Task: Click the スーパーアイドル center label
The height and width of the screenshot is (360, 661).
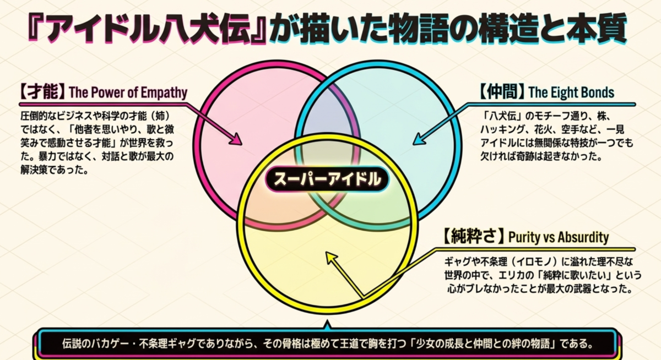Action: tap(327, 179)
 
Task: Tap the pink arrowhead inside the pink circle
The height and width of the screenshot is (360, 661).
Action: tap(236, 139)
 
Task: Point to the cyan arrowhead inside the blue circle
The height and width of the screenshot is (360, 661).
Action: tap(419, 139)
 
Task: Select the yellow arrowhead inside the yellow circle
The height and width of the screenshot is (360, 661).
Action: tap(331, 258)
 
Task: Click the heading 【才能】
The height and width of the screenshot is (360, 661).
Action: tap(43, 92)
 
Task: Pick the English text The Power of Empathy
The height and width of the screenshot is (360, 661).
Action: tap(128, 92)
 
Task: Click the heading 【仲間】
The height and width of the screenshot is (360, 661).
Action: tap(502, 92)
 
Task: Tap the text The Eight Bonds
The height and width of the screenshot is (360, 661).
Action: tap(571, 92)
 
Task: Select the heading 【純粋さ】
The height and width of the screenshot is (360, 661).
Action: tap(474, 236)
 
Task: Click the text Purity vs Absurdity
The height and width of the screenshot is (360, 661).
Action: tap(559, 237)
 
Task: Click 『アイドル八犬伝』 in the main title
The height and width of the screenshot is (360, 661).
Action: tap(147, 28)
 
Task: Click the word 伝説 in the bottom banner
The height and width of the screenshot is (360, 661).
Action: tap(71, 344)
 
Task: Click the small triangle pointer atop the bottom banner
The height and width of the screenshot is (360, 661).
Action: tap(327, 325)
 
